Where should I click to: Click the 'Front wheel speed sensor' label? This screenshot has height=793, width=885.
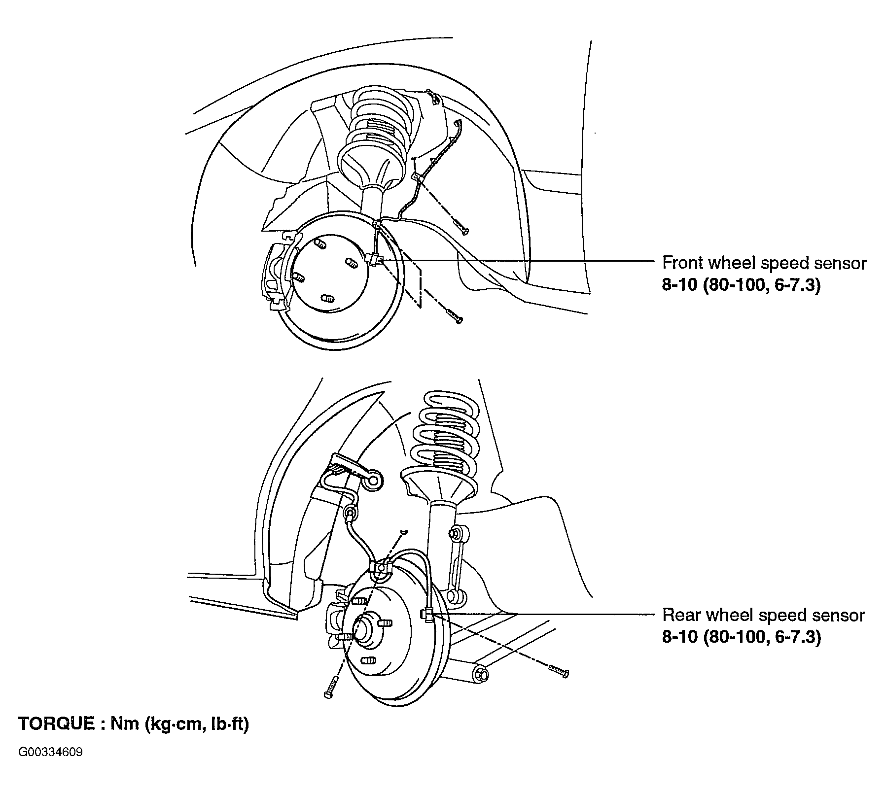pyautogui.click(x=763, y=263)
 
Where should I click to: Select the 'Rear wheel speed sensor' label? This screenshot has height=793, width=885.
pyautogui.click(x=763, y=615)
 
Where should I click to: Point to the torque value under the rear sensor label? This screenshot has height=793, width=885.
pyautogui.click(x=741, y=637)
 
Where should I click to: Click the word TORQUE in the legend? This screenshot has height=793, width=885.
pyautogui.click(x=56, y=724)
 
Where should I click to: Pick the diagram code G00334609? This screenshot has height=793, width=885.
pyautogui.click(x=50, y=753)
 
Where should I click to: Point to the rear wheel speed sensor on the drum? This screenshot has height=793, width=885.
pyautogui.click(x=428, y=614)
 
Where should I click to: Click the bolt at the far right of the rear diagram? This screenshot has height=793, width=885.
pyautogui.click(x=558, y=671)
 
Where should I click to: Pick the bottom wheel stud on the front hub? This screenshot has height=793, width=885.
pyautogui.click(x=326, y=298)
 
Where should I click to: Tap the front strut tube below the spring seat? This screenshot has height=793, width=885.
pyautogui.click(x=372, y=202)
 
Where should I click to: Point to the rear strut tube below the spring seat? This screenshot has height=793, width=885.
pyautogui.click(x=442, y=532)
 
